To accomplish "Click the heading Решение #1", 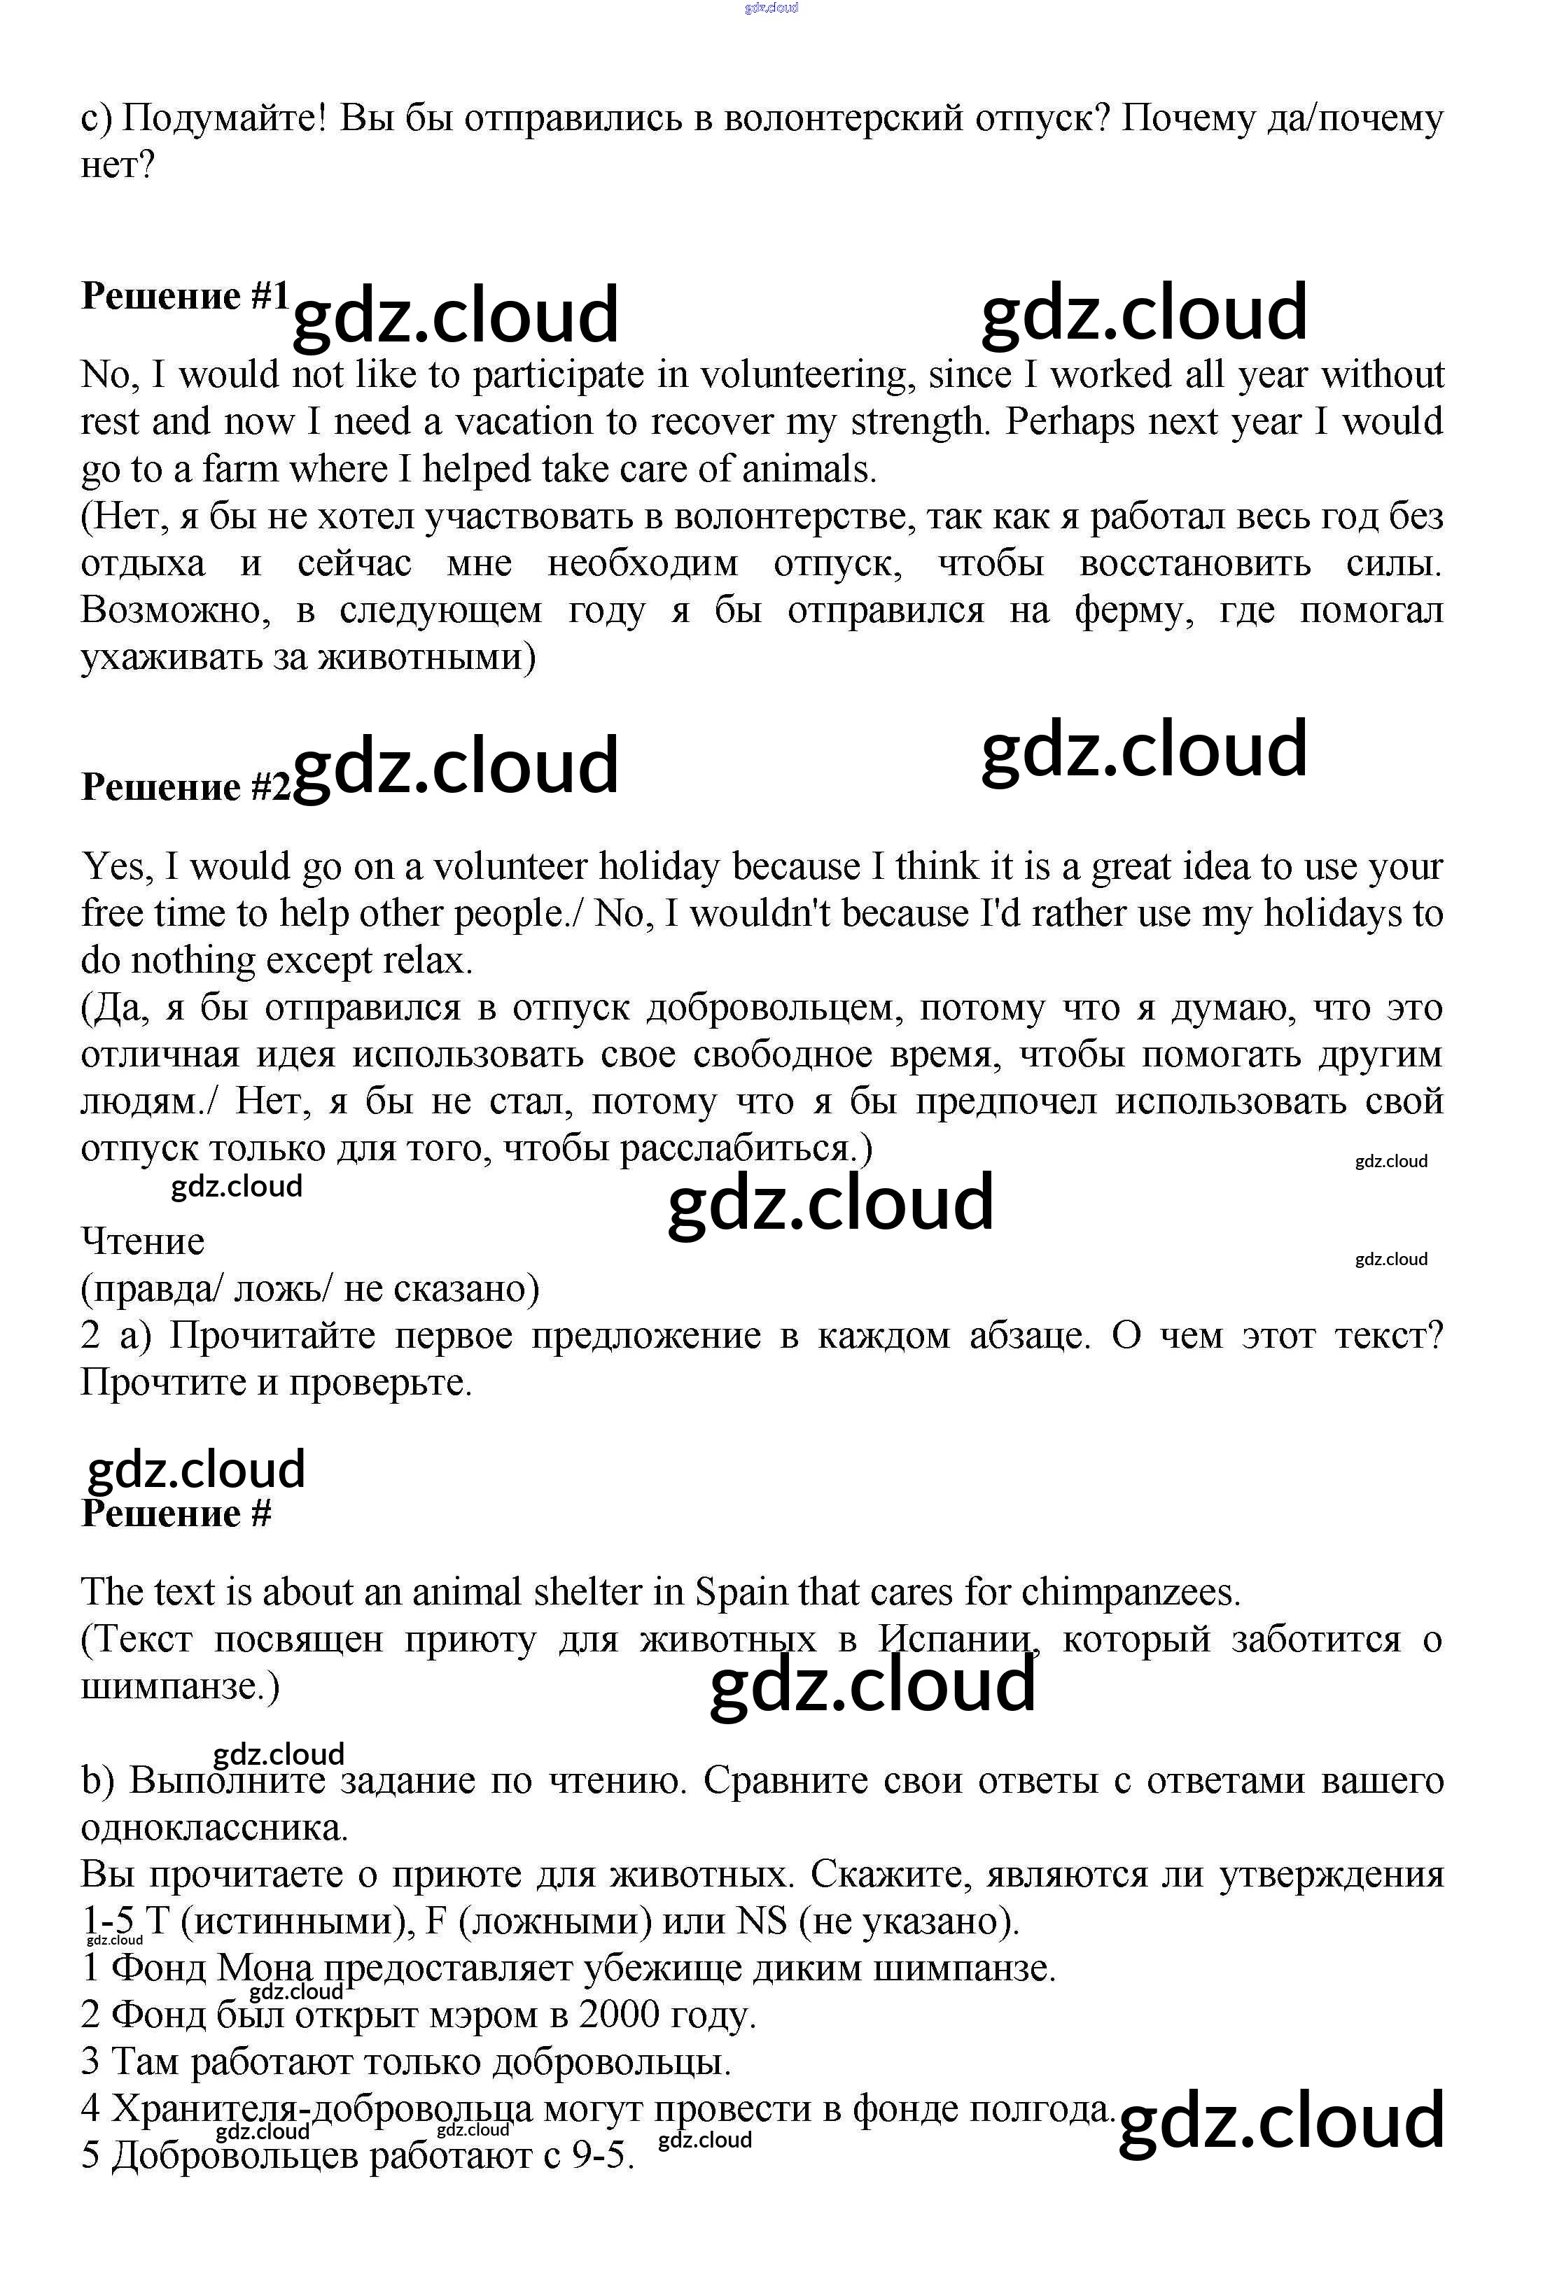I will coord(185,296).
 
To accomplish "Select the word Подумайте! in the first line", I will coord(225,118).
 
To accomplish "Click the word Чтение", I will coord(143,1241).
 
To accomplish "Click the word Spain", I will coord(741,1592).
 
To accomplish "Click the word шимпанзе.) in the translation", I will coord(180,1686).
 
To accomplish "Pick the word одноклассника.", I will coord(214,1828).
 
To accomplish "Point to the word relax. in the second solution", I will coord(433,960).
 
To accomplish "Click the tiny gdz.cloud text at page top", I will coord(771,8).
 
